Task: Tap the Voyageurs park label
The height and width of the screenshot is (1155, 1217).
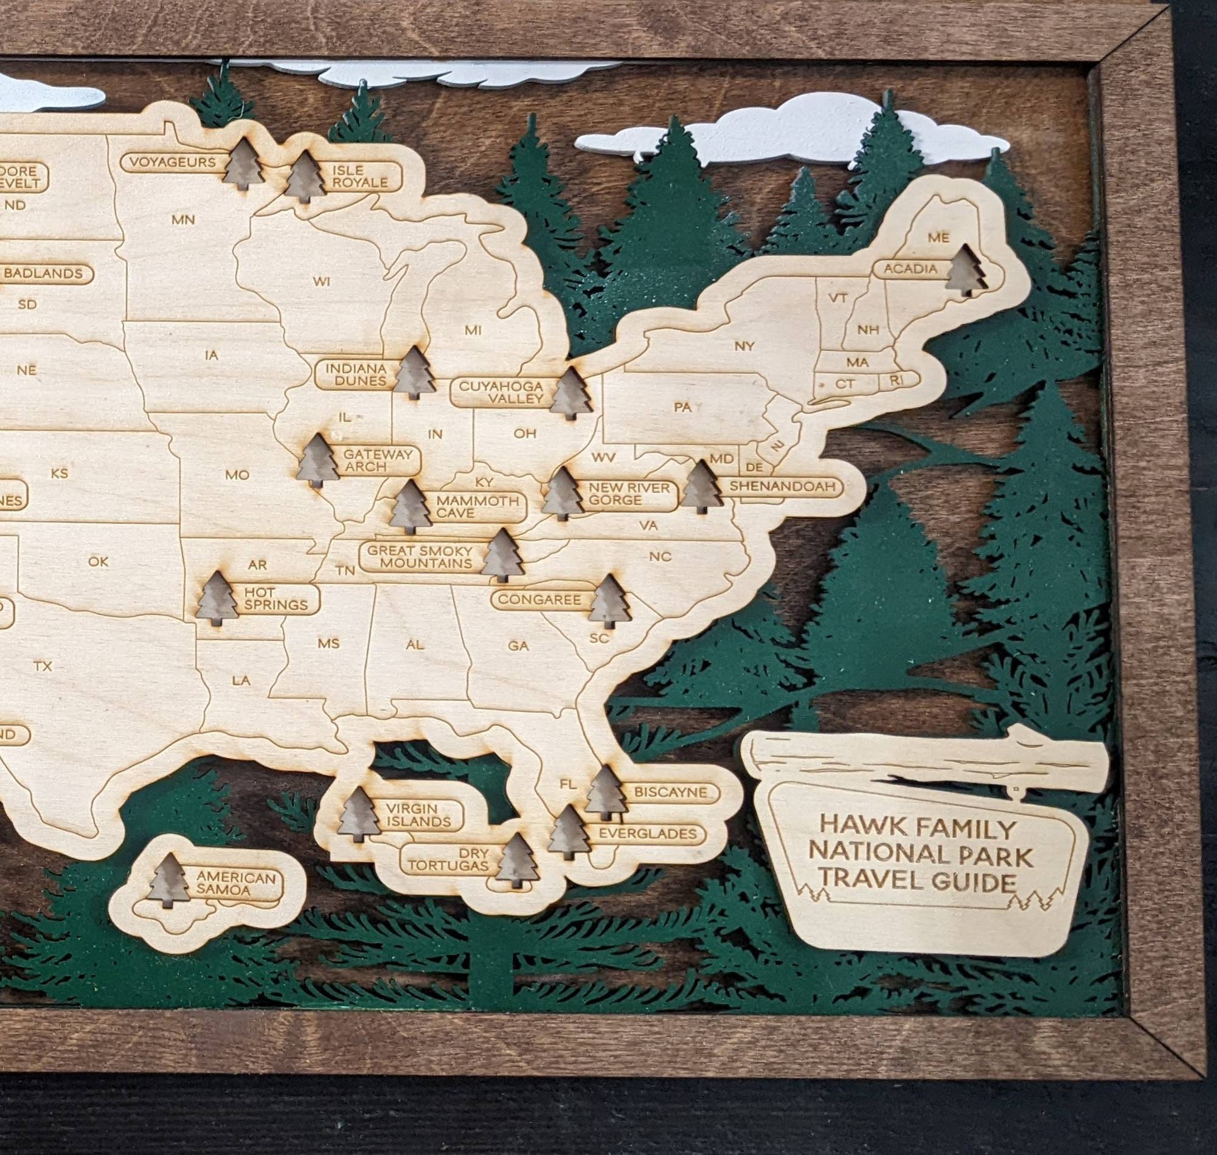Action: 173,162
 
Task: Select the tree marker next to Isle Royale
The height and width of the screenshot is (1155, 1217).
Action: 305,177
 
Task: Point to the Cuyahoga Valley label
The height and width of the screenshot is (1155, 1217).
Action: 501,392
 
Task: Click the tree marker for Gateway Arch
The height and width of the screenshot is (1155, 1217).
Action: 319,461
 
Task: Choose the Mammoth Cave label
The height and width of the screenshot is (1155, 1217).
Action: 477,507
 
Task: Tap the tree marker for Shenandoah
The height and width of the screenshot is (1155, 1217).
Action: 701,486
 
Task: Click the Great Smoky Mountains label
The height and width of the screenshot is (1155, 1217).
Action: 420,557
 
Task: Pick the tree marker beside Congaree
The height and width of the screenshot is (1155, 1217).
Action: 609,601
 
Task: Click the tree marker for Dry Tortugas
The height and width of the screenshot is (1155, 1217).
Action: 517,861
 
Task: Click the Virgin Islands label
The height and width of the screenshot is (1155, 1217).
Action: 419,815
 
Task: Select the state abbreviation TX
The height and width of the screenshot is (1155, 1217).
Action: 43,666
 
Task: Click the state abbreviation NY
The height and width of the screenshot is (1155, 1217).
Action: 744,346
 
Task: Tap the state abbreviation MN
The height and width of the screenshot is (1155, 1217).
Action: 183,219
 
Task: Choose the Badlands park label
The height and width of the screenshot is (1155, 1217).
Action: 44,274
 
